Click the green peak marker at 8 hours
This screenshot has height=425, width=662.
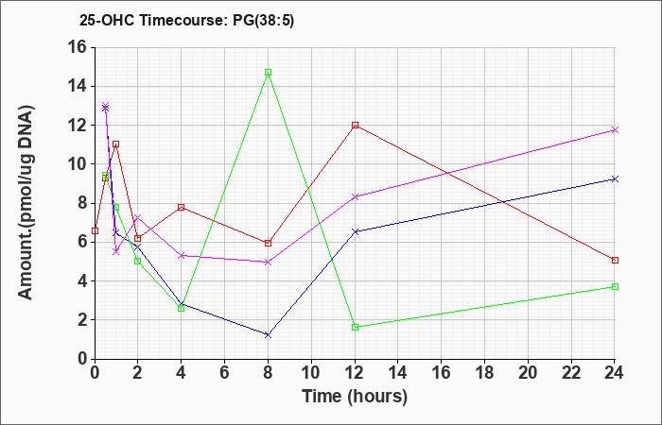click(268, 73)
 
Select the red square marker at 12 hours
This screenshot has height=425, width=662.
click(355, 126)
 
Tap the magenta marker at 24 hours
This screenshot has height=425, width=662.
click(615, 130)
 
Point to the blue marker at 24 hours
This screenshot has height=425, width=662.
click(615, 179)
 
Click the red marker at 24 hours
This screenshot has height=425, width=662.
click(615, 260)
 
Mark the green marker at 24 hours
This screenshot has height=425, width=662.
click(615, 287)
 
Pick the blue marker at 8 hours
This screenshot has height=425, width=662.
click(268, 335)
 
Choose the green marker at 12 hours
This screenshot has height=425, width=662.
click(355, 327)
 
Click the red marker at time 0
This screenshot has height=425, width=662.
click(95, 231)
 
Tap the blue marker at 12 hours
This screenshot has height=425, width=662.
click(355, 231)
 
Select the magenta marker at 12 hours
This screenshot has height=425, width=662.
click(355, 196)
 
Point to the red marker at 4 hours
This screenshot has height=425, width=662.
click(182, 208)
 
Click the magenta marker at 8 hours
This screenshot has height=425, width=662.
click(268, 263)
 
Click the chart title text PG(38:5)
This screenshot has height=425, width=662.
click(264, 21)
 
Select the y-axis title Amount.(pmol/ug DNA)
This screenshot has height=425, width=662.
click(26, 202)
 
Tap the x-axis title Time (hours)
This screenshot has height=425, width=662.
click(355, 397)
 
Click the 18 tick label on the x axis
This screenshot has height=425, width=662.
click(484, 372)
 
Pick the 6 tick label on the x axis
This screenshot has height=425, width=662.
click(225, 372)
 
